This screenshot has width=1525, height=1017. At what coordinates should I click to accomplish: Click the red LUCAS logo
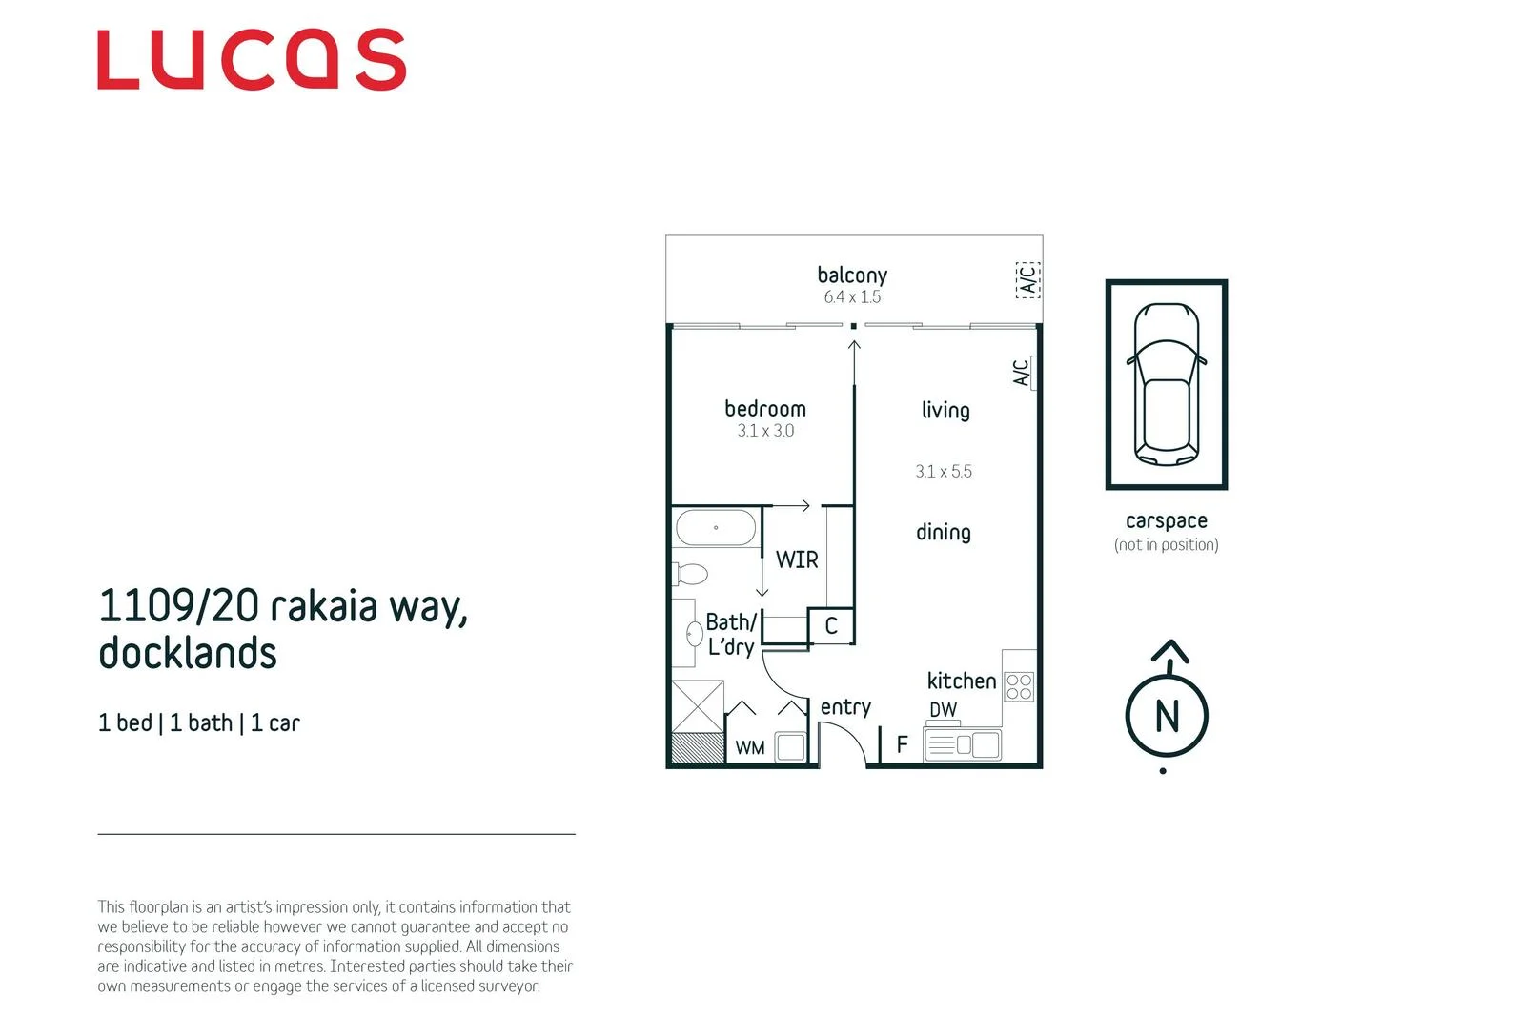pyautogui.click(x=252, y=59)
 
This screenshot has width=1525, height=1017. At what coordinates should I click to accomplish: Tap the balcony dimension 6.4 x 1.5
pyautogui.click(x=852, y=297)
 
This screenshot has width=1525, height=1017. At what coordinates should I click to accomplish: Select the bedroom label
pyautogui.click(x=765, y=409)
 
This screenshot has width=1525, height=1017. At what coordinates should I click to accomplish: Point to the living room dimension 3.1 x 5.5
pyautogui.click(x=944, y=472)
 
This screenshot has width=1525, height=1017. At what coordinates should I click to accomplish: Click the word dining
pyautogui.click(x=944, y=532)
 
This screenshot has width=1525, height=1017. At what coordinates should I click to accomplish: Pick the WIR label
pyautogui.click(x=797, y=560)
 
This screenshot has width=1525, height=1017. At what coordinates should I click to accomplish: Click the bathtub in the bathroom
pyautogui.click(x=716, y=527)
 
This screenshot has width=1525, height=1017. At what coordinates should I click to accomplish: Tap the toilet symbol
pyautogui.click(x=691, y=574)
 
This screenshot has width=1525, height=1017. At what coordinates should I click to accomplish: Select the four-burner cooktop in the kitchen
pyautogui.click(x=1019, y=686)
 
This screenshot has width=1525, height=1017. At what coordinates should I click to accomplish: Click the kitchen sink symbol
pyautogui.click(x=963, y=744)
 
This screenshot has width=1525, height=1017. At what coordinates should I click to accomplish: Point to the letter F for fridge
pyautogui.click(x=902, y=744)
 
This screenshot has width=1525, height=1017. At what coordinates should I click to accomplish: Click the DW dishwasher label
pyautogui.click(x=944, y=710)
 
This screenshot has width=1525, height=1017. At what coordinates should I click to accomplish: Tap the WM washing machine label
pyautogui.click(x=750, y=748)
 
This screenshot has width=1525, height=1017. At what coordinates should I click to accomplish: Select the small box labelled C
pyautogui.click(x=831, y=625)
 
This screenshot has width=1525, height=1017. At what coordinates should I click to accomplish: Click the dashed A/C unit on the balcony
pyautogui.click(x=1028, y=280)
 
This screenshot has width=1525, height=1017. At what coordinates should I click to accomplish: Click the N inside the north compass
pyautogui.click(x=1168, y=716)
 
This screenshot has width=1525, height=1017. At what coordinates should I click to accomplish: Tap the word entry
pyautogui.click(x=845, y=708)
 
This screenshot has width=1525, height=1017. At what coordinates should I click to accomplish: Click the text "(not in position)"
pyautogui.click(x=1167, y=545)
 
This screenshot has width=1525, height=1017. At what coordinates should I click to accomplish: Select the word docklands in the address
pyautogui.click(x=188, y=653)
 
